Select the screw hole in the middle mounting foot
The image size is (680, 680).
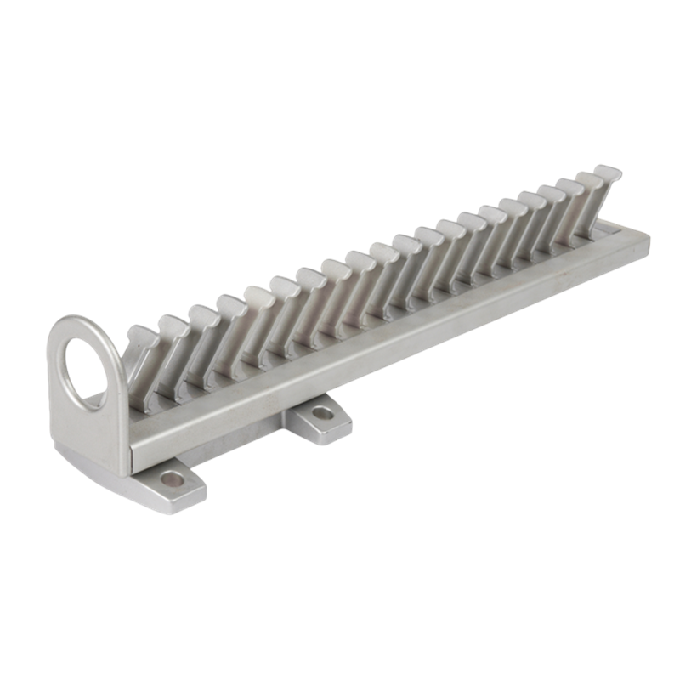tap(322, 414)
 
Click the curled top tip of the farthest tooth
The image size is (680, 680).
tap(609, 172)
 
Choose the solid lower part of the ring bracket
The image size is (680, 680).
tap(89, 433)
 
